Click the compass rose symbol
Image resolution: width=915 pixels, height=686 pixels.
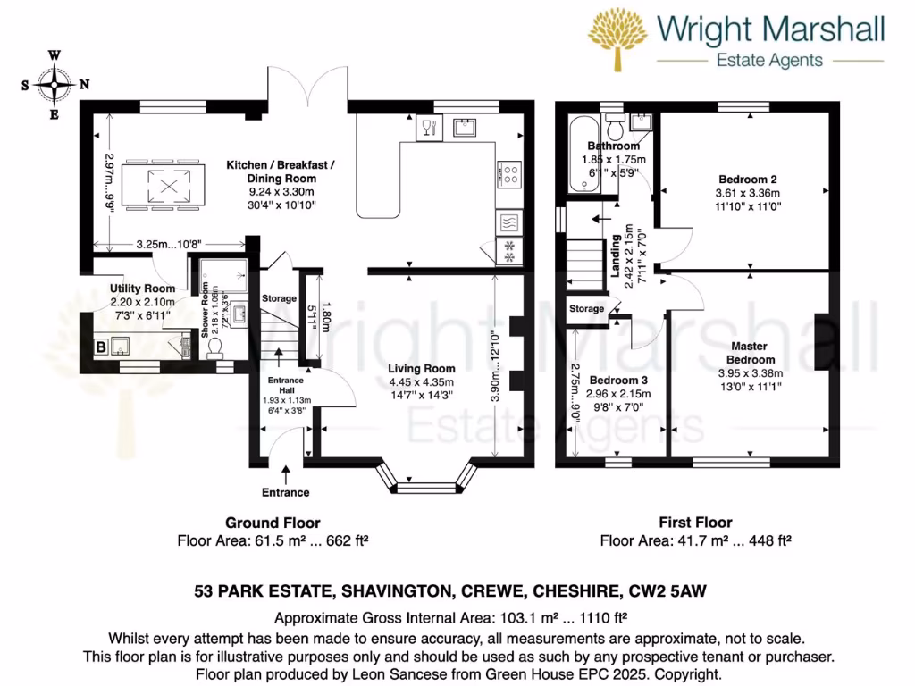coord(55,85)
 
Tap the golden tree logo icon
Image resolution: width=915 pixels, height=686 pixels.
coord(618,38)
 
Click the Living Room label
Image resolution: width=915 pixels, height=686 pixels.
coord(422,368)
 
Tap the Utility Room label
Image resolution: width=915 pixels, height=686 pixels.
coord(142,289)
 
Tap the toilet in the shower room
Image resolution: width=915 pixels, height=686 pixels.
coord(215,352)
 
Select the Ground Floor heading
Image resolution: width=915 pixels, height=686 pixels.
coord(273,523)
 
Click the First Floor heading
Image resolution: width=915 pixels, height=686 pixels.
coord(695,523)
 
